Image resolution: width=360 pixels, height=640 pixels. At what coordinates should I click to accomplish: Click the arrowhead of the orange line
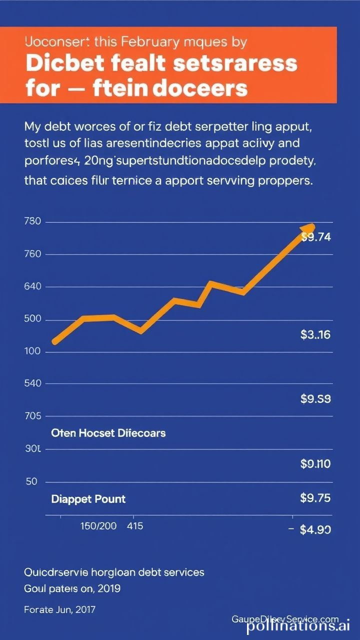(308, 227)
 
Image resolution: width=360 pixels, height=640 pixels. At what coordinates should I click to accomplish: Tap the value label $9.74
(316, 237)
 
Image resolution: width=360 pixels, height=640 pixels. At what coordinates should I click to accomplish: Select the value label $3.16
(315, 334)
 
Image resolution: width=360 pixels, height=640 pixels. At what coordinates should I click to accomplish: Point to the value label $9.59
(315, 398)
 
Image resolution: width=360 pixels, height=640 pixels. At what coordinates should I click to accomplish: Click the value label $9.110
(315, 464)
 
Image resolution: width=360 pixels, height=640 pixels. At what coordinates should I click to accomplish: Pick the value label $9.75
(315, 497)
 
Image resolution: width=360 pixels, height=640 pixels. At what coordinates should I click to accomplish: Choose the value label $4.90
(315, 529)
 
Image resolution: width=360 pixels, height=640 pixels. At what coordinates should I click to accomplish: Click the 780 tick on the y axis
(32, 222)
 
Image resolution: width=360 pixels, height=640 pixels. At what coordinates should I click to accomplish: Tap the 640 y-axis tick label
(32, 287)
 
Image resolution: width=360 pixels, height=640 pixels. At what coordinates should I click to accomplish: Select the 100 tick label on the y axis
(32, 351)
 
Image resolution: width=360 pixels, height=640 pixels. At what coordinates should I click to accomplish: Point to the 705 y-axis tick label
(32, 416)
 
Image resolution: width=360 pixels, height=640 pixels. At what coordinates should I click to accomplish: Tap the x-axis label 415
(135, 526)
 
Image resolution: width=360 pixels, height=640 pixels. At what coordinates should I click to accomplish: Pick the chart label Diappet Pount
(88, 498)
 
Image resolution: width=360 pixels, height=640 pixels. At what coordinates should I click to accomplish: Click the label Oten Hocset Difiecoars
(108, 432)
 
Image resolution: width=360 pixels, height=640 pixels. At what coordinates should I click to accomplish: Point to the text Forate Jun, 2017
(59, 609)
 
